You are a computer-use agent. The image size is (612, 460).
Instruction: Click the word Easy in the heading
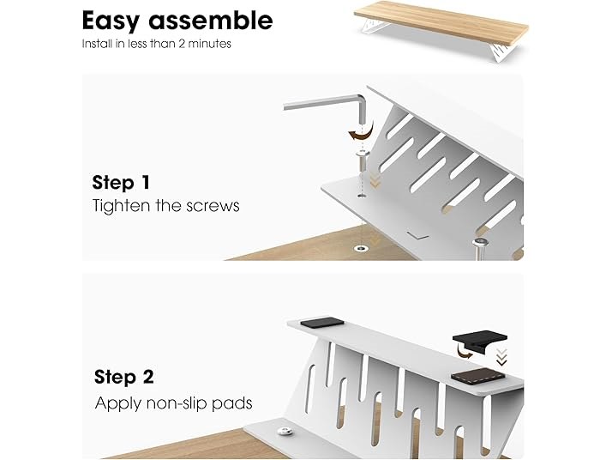coord(111,21)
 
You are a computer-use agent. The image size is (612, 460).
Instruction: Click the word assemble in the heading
coord(211,21)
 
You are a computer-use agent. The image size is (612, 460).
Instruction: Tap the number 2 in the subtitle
coord(182,44)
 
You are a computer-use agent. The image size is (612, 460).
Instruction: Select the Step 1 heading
coord(121,183)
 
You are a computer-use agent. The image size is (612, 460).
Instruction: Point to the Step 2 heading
coord(124,377)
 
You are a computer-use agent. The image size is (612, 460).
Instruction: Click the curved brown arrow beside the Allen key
coord(362,134)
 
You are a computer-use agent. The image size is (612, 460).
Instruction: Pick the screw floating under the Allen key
coord(363,160)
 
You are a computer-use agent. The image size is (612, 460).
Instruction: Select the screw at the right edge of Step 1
coord(481,248)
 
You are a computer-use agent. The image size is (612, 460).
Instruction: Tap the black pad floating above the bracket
coord(480,342)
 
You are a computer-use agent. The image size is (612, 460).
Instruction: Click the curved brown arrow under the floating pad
coord(464,354)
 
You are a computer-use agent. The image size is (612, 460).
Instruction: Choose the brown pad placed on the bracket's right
coord(478,376)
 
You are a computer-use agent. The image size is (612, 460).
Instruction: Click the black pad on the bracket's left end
coord(322,323)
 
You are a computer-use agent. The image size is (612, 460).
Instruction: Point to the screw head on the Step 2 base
coord(282,432)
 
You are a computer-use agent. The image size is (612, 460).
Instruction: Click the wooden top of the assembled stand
coord(441,22)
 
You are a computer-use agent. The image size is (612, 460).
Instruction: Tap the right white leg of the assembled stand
coord(503,52)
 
